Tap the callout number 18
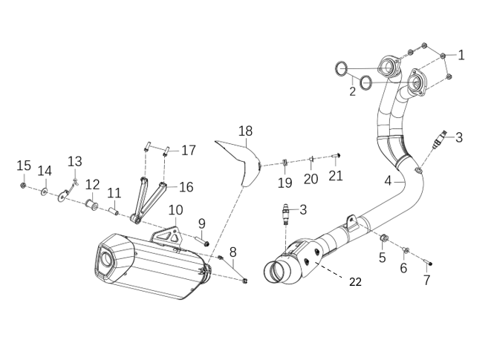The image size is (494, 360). (245, 131)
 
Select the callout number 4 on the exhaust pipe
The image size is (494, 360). (388, 180)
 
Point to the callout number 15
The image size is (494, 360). (23, 165)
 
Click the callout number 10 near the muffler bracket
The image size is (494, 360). (175, 210)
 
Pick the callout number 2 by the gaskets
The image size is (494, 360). (353, 92)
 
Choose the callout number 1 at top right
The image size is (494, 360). (461, 54)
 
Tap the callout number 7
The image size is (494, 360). (426, 280)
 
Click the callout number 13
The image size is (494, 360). (75, 161)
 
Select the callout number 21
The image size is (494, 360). (336, 175)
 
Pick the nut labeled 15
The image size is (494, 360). (24, 184)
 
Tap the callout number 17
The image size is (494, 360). (189, 150)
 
